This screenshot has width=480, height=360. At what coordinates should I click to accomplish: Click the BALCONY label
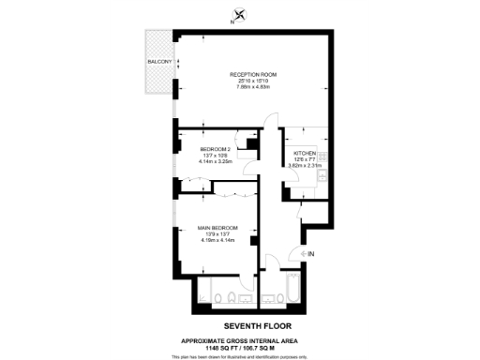click(x=159, y=62)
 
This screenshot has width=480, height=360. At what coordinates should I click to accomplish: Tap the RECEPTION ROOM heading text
click(x=253, y=74)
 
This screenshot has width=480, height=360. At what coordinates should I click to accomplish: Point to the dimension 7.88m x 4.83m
click(x=253, y=87)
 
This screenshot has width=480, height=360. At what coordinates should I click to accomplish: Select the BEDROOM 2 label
click(x=216, y=149)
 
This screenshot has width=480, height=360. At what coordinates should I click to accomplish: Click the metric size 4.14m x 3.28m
click(x=216, y=161)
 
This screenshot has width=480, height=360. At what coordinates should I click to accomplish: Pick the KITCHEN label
click(x=306, y=153)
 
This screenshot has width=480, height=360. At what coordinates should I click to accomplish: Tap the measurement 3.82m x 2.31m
click(x=306, y=165)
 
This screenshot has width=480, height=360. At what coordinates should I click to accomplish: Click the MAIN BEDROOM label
click(x=217, y=228)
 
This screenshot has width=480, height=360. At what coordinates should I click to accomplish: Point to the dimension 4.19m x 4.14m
click(x=217, y=241)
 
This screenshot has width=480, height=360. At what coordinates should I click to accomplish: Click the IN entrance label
click(x=310, y=253)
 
